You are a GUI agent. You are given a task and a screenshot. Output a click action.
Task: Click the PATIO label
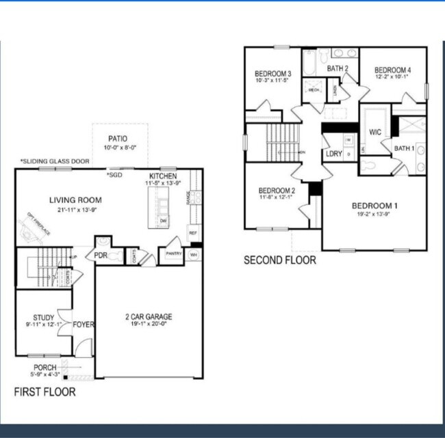tap(117, 137)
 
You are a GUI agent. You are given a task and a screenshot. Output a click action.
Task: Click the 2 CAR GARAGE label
tap(149, 316)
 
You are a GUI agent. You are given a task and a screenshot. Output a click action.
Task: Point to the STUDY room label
tap(44, 317)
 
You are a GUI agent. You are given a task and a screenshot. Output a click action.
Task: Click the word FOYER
tap(84, 325)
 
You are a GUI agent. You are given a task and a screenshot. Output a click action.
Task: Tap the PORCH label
tap(45, 367)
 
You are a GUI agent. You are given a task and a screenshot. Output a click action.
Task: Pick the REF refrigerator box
tap(192, 232)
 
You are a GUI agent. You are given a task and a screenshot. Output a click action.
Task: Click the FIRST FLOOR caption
tap(45, 392)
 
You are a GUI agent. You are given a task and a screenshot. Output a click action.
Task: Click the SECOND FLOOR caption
tap(280, 260)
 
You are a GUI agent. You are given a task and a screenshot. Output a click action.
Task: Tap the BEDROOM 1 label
tap(374, 206)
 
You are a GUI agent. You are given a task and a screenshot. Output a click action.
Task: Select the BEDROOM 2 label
tap(277, 190)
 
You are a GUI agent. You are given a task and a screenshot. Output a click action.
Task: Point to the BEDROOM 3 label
tap(273, 74)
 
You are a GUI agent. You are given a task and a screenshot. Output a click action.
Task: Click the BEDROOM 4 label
tap(392, 70)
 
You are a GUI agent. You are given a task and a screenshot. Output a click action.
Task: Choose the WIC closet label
tap(375, 133)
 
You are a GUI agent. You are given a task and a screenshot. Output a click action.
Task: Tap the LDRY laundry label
tap(333, 154)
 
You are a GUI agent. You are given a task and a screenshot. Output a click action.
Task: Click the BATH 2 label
tap(338, 68)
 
